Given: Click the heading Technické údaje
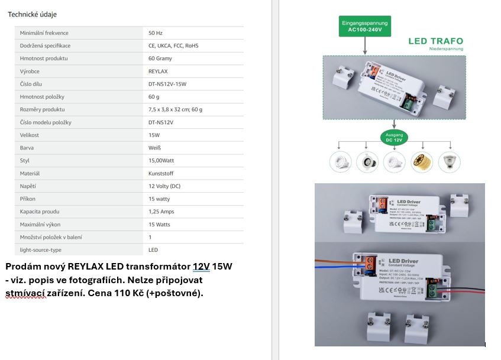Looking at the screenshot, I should point(32,14).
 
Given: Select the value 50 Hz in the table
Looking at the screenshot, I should point(156,33).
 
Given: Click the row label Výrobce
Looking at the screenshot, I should point(30,71).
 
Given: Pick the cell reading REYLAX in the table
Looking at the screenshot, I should point(158,71).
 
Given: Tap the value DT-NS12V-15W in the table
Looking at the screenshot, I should point(167,84).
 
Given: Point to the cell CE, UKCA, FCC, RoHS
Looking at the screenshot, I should point(174,46).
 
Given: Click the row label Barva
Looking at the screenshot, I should point(27,148).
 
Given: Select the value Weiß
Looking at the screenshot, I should point(155,148).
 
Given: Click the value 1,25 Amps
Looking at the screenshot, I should point(161,212).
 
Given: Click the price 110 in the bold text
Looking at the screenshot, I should point(130,293).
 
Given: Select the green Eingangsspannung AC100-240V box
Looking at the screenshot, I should point(365,26).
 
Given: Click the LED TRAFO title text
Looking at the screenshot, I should point(436,41).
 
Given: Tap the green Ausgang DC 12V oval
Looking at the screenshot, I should point(393,137).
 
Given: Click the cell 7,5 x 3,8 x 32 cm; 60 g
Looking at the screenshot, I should point(175,109).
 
